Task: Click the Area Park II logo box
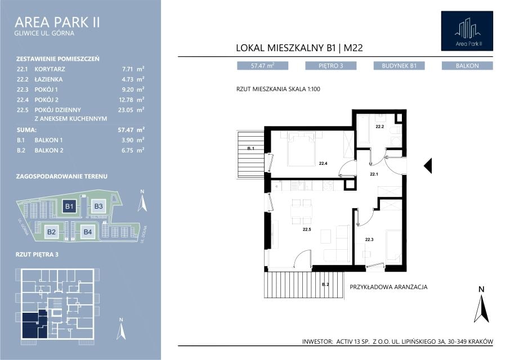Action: point(467,31)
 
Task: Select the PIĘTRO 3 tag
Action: point(331,66)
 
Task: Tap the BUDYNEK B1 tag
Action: point(399,66)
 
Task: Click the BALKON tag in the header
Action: point(467,66)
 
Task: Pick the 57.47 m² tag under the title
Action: point(262,66)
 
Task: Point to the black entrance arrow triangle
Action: point(428,166)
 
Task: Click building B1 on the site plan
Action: point(69,206)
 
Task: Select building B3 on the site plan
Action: point(98,206)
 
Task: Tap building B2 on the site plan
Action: point(51,232)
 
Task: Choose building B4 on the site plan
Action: point(88,232)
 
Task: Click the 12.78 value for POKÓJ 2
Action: point(126,100)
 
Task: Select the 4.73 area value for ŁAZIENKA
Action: point(127,79)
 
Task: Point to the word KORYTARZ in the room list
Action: point(50,69)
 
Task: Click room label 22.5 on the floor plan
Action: point(307,229)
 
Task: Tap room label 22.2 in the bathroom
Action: point(379,127)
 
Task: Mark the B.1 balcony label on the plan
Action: point(250,148)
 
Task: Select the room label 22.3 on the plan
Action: point(369,240)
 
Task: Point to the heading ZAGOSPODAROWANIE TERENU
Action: point(62,177)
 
